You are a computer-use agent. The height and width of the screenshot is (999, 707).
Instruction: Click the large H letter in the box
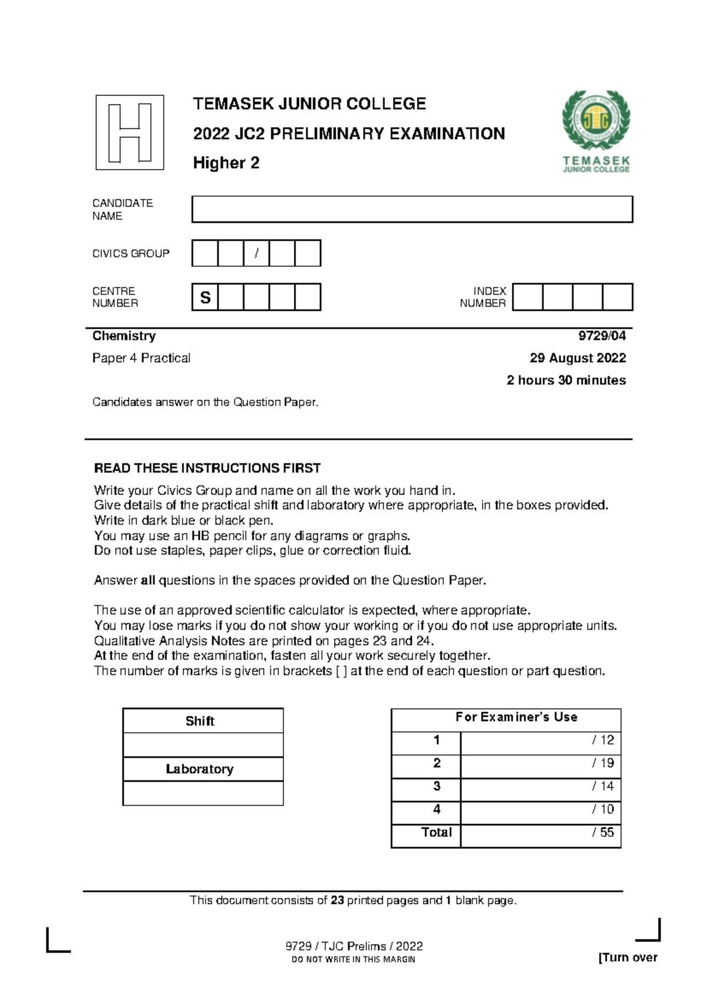click(130, 133)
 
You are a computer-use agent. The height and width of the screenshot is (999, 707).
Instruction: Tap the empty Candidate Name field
click(412, 209)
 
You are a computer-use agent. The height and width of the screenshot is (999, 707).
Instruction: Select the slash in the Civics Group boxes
click(256, 253)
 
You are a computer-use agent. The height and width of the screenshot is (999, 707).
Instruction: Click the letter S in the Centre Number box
click(205, 297)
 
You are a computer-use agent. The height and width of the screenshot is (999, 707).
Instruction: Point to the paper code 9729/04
click(602, 336)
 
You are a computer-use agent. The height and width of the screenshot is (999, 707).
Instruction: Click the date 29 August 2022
click(577, 358)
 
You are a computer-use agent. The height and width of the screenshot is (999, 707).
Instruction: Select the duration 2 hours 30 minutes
click(566, 381)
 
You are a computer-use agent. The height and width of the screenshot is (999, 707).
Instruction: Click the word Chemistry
click(124, 336)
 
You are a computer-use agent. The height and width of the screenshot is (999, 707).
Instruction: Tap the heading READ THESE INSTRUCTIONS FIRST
click(207, 468)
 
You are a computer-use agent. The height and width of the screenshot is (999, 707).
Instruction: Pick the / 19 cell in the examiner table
click(540, 763)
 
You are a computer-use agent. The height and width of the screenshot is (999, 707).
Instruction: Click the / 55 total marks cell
click(540, 833)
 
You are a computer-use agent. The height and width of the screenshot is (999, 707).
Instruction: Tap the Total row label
click(436, 833)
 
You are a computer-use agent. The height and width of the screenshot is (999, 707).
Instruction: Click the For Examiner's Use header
click(516, 717)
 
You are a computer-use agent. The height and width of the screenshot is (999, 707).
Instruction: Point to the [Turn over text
click(627, 958)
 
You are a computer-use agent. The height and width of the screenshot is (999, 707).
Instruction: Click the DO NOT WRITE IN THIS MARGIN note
click(353, 960)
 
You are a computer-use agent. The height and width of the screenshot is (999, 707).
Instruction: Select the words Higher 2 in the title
click(226, 163)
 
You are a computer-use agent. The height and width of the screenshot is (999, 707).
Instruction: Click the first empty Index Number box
click(527, 297)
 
